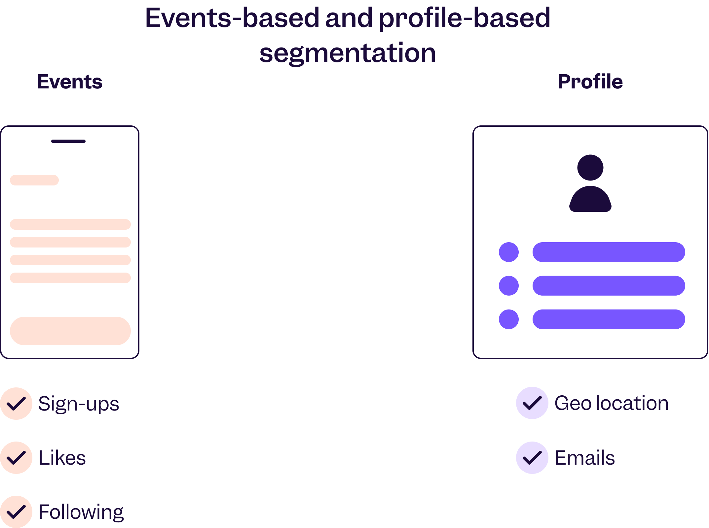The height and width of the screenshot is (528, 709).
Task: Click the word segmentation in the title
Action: tap(348, 53)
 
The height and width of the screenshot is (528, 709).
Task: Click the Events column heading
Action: tap(70, 82)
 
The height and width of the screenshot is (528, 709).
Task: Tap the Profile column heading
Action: tap(590, 82)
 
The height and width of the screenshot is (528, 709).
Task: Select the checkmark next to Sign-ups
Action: tap(16, 403)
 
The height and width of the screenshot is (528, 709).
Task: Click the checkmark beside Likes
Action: tap(16, 457)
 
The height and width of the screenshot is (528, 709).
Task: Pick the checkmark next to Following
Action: tap(16, 511)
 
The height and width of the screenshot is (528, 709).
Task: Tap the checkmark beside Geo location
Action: tap(532, 403)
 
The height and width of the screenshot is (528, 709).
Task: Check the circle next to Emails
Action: tap(532, 457)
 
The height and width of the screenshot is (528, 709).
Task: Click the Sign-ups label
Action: tap(79, 404)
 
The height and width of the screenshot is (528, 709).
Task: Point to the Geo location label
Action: tap(612, 403)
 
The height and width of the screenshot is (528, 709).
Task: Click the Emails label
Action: tap(585, 458)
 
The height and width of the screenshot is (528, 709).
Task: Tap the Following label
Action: tap(81, 512)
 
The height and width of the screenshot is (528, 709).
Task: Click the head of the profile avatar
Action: tap(590, 168)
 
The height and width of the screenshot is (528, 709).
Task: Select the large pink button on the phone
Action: tap(70, 331)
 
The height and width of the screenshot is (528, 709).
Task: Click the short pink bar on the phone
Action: tap(34, 180)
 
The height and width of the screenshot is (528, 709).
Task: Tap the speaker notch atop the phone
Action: tap(68, 141)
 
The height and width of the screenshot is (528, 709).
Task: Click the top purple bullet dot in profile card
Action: tap(509, 252)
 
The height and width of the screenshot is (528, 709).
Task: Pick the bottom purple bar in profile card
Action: tap(609, 319)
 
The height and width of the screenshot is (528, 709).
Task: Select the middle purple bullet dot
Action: tap(509, 285)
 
